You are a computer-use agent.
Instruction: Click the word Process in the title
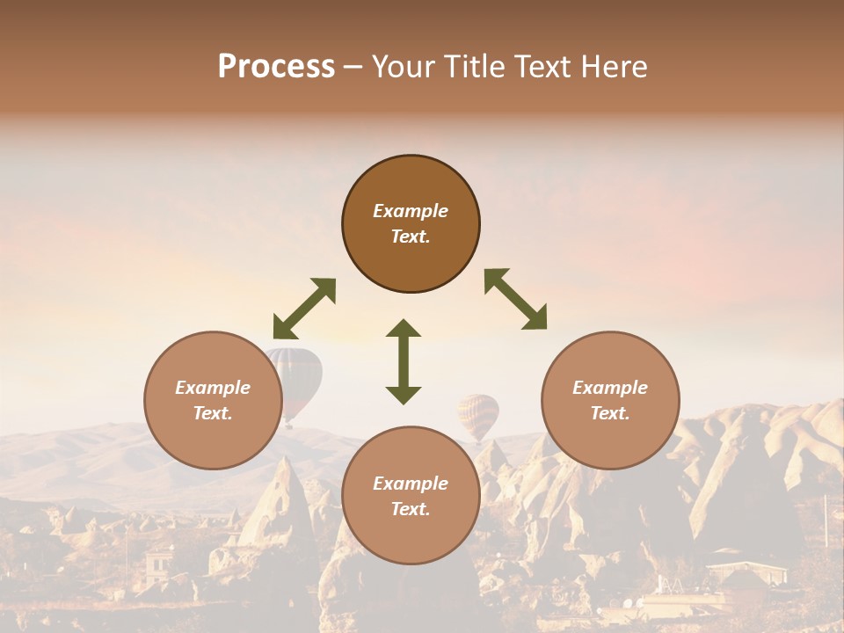tap(276, 67)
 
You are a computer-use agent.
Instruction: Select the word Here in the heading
tap(615, 67)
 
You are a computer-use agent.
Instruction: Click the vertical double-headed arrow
tap(404, 361)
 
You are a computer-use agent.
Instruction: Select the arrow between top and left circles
tap(304, 309)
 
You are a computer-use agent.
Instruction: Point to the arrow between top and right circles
tap(515, 299)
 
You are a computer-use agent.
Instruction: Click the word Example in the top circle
tap(411, 211)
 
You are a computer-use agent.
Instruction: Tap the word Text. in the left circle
tap(213, 413)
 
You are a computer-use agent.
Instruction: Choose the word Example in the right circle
tap(610, 388)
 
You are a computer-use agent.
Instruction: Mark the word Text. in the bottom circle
tap(411, 509)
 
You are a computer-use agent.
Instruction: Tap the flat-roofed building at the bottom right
tap(746, 571)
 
